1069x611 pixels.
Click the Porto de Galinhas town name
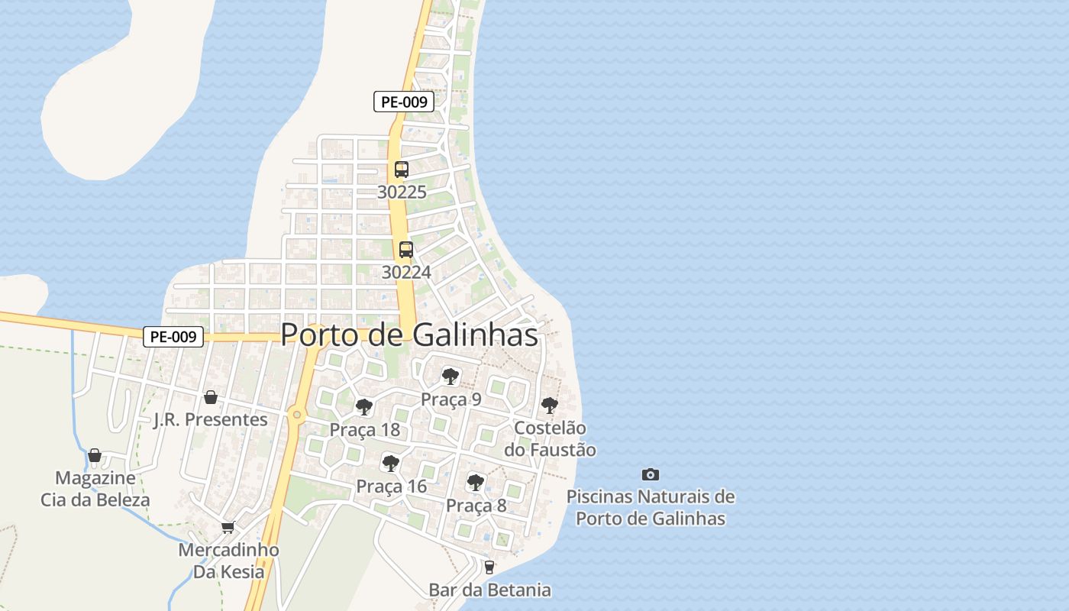pos(409,335)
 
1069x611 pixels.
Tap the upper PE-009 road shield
pos(404,102)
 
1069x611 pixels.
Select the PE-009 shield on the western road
pos(173,337)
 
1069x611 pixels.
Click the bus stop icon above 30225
pos(402,170)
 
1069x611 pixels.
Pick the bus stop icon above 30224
pos(406,250)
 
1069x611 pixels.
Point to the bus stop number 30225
pos(402,192)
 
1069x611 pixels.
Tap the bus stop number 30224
pos(406,272)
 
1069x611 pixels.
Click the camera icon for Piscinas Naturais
pos(651,474)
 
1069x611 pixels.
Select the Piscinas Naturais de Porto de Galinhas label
pos(651,508)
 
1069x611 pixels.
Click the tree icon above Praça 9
pos(451,376)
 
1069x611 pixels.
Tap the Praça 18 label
pos(364,430)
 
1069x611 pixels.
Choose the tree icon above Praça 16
pos(391,463)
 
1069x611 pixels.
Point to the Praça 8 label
pos(476,506)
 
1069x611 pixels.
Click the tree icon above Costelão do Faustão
pos(549,406)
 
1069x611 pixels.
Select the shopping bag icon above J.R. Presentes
pos(211,397)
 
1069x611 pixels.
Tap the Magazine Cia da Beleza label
pos(95,489)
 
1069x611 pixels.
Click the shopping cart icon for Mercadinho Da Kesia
pos(228,527)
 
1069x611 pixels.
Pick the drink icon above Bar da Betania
pos(489,567)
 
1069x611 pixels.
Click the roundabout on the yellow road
pos(296,415)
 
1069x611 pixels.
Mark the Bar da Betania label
pos(489,590)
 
